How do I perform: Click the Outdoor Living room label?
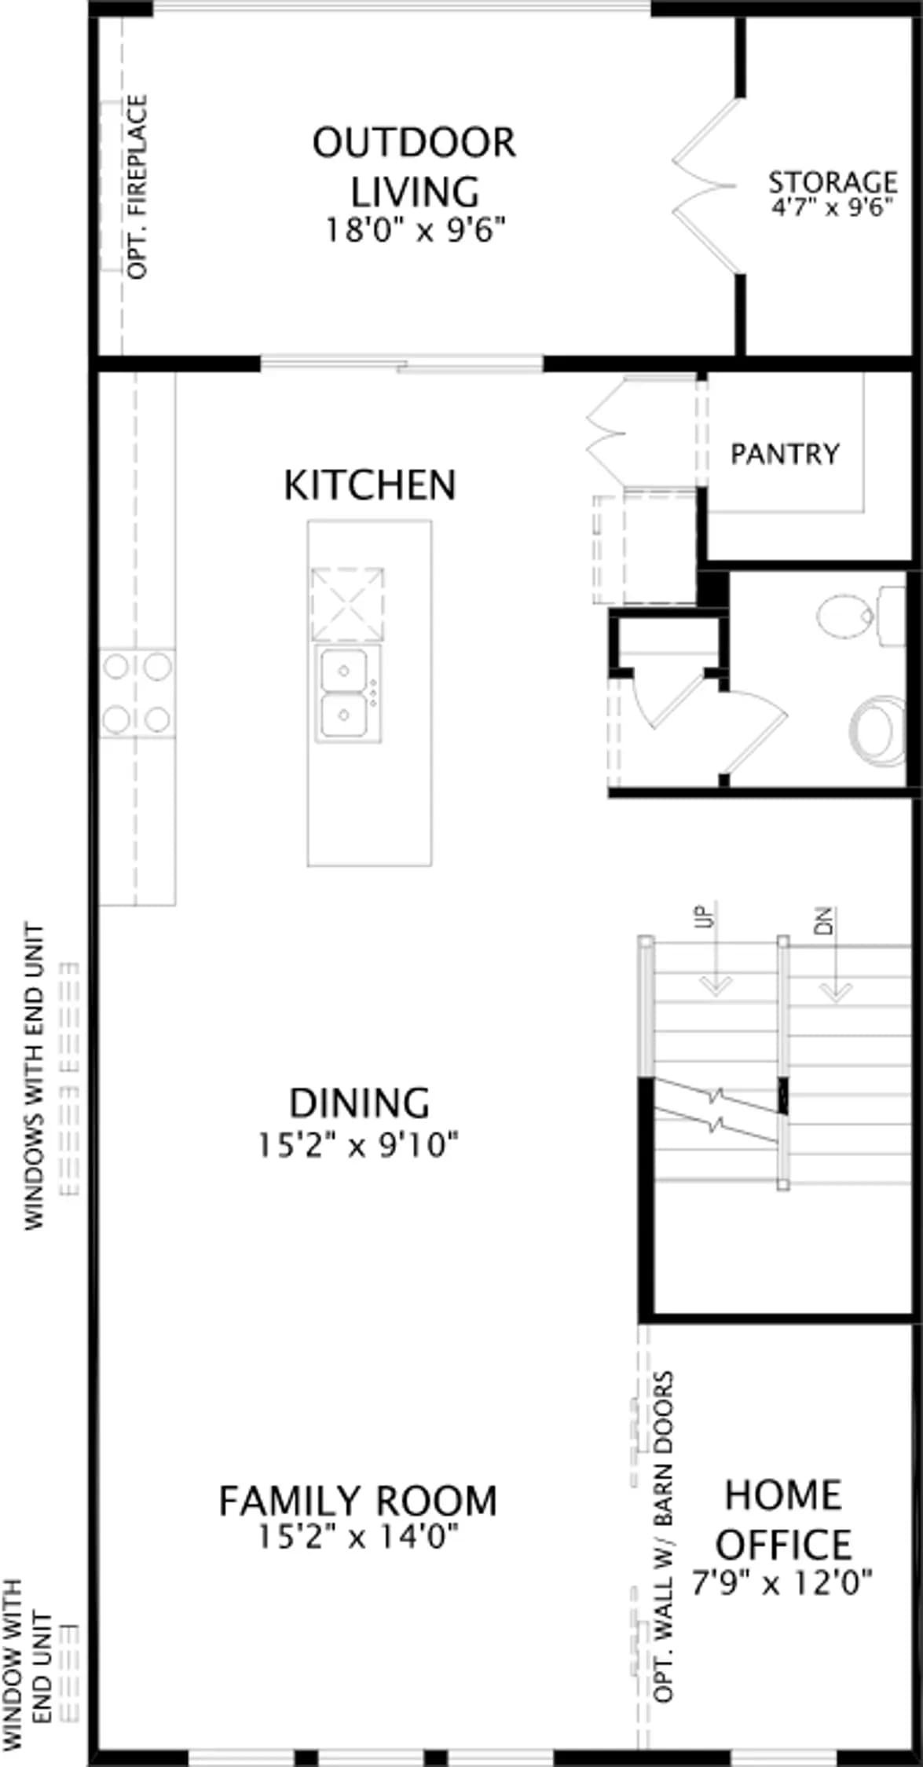click(x=414, y=166)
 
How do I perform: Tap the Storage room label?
click(x=833, y=182)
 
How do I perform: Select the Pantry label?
click(x=785, y=453)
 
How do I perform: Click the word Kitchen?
click(x=369, y=485)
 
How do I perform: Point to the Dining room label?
click(x=360, y=1103)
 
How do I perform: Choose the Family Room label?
click(x=357, y=1501)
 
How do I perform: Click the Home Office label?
click(x=783, y=1520)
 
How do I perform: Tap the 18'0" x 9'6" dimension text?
click(x=415, y=230)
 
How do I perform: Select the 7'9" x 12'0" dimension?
click(x=782, y=1582)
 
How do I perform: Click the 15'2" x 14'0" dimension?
click(x=357, y=1537)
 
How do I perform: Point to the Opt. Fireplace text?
click(x=137, y=187)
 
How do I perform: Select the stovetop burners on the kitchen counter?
click(x=137, y=693)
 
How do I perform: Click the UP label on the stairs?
click(x=708, y=916)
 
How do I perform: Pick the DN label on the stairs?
click(x=823, y=920)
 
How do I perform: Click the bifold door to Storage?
click(x=705, y=185)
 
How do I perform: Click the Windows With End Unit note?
click(x=35, y=1076)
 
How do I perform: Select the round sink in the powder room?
click(x=878, y=728)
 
